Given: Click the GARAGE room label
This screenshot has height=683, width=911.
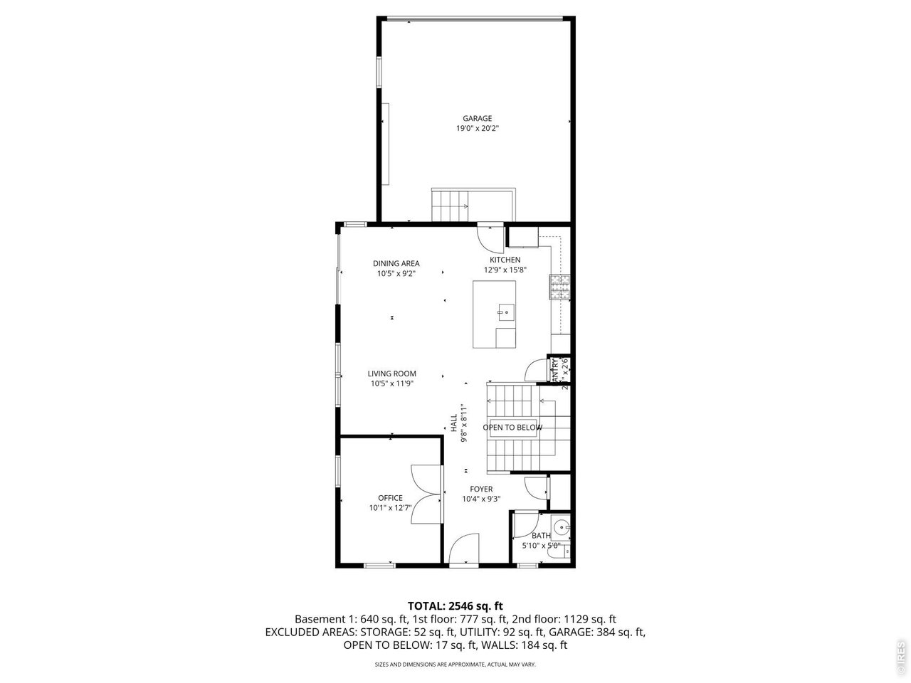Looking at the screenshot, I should click(x=477, y=119).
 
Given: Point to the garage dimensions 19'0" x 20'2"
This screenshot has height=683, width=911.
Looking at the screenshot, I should click(x=477, y=129).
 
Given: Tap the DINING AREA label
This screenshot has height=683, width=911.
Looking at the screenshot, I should click(x=396, y=263).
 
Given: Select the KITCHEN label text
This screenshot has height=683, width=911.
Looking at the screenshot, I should click(x=504, y=260).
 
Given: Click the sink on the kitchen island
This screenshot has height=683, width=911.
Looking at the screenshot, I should click(x=505, y=310).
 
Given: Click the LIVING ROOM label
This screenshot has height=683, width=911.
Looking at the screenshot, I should click(x=391, y=374).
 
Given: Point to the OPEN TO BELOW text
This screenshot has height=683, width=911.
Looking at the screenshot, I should click(x=512, y=428).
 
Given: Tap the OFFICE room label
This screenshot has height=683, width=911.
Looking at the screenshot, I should click(x=390, y=498).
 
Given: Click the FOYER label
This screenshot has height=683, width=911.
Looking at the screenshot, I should click(x=481, y=489).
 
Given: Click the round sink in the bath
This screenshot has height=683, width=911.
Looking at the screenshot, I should click(x=562, y=528).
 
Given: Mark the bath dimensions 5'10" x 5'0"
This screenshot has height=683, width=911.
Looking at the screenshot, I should click(x=541, y=546).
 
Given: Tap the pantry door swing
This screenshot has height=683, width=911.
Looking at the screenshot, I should click(x=535, y=369).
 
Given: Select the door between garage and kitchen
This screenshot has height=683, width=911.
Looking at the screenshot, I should click(x=490, y=234).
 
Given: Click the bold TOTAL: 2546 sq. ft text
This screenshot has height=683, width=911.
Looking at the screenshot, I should click(x=455, y=605).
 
